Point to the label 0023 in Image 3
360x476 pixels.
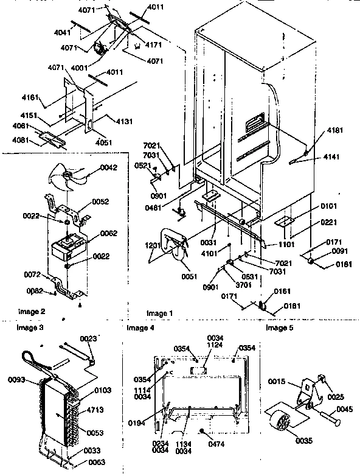88,338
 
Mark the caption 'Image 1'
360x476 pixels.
159,313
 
